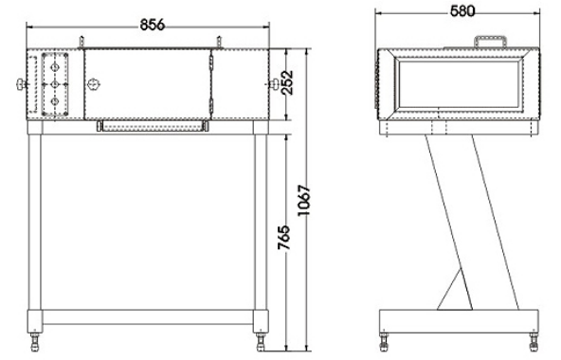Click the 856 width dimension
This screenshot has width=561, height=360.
tap(152, 25)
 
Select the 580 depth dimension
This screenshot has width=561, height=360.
tap(462, 11)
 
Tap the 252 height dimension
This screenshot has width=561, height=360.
tap(287, 82)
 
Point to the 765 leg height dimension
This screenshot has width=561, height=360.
tap(283, 237)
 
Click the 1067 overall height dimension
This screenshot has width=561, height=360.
tap(304, 201)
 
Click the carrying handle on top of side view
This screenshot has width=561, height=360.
tap(490, 41)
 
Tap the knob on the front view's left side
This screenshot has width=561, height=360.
tap(22, 84)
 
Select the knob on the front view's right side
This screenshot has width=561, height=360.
tap(275, 84)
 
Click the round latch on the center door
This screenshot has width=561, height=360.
tap(94, 84)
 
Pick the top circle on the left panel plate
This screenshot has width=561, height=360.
tap(55, 67)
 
